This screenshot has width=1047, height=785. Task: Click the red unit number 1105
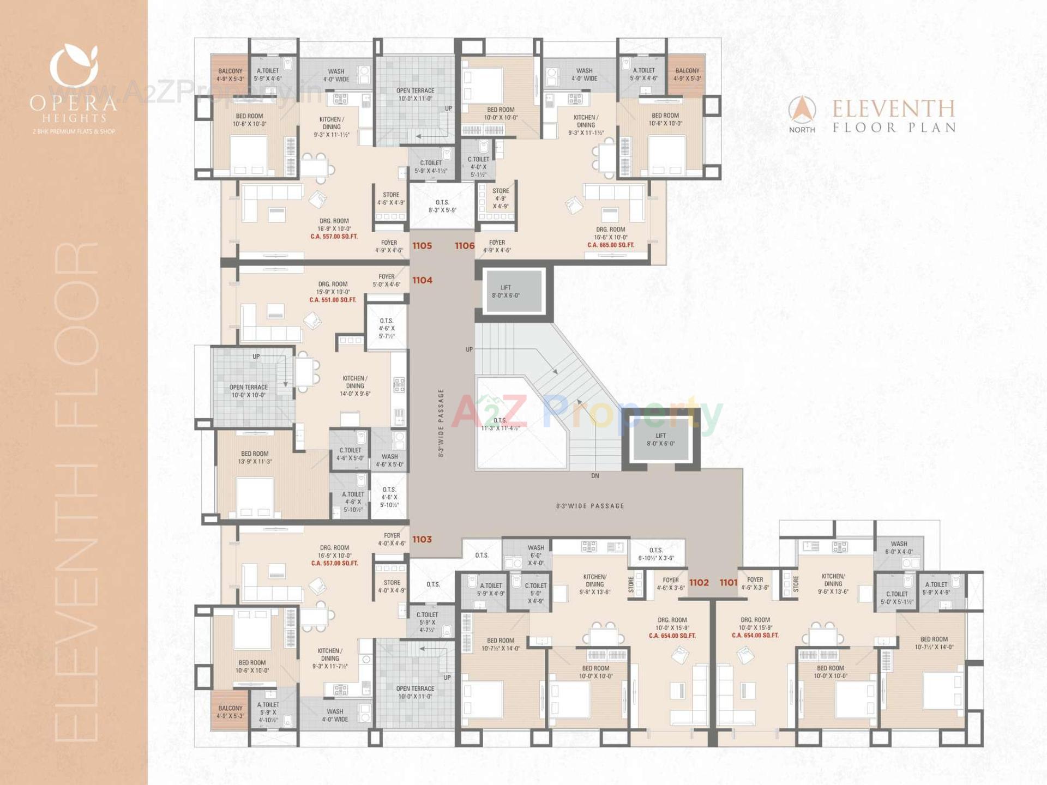(422, 246)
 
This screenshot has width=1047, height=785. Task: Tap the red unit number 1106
(465, 246)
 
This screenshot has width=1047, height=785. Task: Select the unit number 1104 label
(422, 280)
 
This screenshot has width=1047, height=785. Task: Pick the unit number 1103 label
(422, 539)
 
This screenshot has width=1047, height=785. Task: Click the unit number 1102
(699, 583)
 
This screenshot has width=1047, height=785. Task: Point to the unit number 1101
(729, 583)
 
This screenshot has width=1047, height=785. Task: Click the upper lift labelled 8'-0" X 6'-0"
(506, 292)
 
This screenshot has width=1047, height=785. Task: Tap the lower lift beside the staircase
(660, 439)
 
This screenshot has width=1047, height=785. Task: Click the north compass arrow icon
(802, 110)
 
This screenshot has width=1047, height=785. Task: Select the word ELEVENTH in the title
(894, 109)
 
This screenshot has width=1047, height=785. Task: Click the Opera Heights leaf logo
(74, 65)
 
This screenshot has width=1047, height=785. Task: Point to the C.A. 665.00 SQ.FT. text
(611, 245)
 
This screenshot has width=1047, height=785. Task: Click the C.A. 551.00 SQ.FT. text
(333, 300)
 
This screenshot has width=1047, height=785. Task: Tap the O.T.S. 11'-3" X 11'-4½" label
(500, 424)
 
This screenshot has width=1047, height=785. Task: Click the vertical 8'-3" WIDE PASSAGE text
(441, 422)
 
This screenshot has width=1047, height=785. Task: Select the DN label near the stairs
(595, 476)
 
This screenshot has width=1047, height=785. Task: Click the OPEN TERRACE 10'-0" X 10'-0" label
(249, 391)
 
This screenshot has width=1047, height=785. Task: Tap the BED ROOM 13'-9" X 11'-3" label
(255, 457)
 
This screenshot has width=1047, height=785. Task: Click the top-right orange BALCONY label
(687, 75)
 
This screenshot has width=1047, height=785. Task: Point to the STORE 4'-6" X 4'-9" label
(391, 198)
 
